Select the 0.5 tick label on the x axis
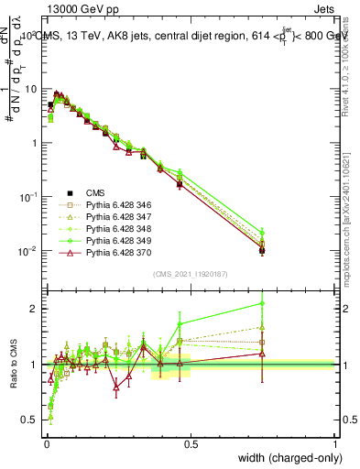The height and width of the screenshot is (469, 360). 191,443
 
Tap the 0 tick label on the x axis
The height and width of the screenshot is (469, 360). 47,443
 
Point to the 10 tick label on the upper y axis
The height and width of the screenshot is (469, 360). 30,89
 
